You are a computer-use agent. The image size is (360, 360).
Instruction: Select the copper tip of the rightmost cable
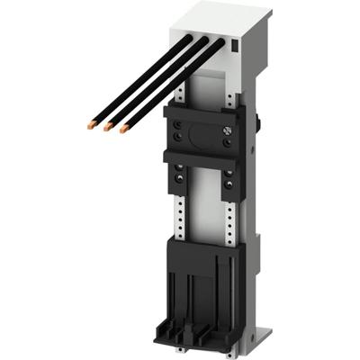120,131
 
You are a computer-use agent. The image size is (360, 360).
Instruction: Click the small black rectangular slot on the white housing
237,44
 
